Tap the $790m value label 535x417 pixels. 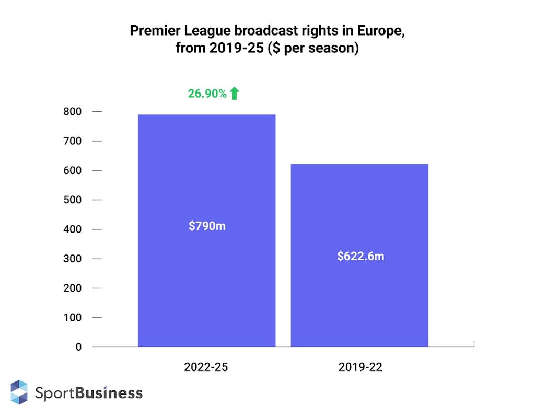pyautogui.click(x=207, y=227)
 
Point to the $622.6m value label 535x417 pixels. pyautogui.click(x=360, y=257)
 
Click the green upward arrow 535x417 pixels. pyautogui.click(x=235, y=94)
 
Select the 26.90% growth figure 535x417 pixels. pyautogui.click(x=207, y=94)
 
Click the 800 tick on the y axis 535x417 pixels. pyautogui.click(x=72, y=111)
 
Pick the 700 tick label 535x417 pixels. pyautogui.click(x=72, y=141)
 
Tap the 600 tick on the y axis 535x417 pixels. pyautogui.click(x=72, y=170)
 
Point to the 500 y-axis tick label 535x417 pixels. pyautogui.click(x=72, y=200)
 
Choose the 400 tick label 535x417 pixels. pyautogui.click(x=72, y=229)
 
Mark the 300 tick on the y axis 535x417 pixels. pyautogui.click(x=72, y=259)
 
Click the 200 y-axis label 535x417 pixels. pyautogui.click(x=72, y=288)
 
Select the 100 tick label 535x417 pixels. pyautogui.click(x=72, y=318)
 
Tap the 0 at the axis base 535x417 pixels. pyautogui.click(x=78, y=347)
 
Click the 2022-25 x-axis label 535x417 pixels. pyautogui.click(x=206, y=367)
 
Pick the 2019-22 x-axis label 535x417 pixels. pyautogui.click(x=360, y=367)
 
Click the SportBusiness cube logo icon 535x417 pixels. pyautogui.click(x=19, y=392)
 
